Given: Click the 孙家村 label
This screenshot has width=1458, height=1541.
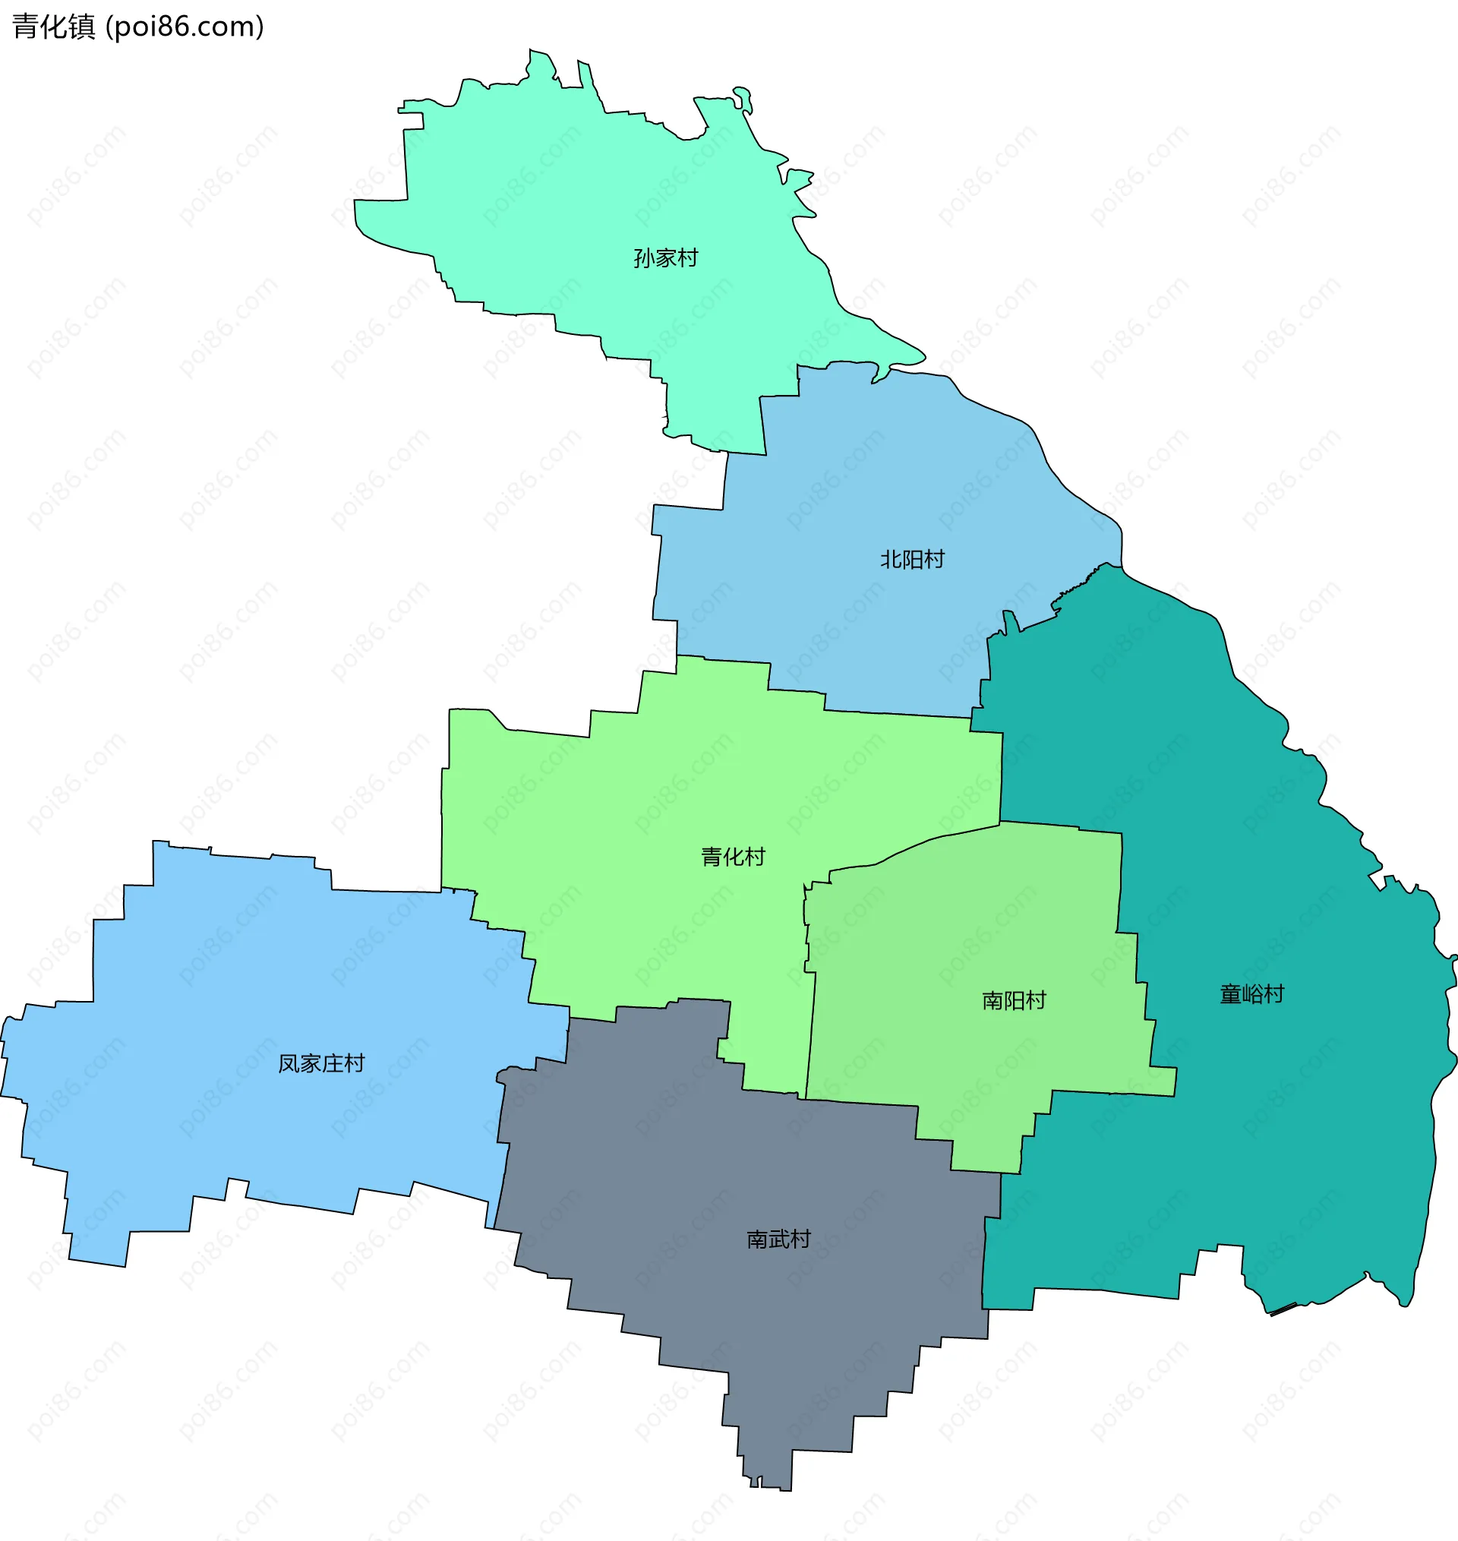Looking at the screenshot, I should [x=665, y=258].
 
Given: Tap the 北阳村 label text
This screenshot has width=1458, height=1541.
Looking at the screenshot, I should [x=913, y=560].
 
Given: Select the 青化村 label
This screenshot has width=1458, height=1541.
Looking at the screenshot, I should [x=733, y=857].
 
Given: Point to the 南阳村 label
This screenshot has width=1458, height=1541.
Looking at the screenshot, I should [x=1015, y=1000].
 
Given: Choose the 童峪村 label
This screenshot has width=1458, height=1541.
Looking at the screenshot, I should [x=1252, y=994].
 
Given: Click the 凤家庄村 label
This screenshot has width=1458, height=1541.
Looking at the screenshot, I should [x=322, y=1063].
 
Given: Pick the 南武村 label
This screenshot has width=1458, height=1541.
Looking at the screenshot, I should [x=779, y=1239].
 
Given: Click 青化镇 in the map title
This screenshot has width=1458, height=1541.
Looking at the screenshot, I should [x=54, y=27].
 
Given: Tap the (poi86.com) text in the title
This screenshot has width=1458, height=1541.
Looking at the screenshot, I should [x=185, y=27].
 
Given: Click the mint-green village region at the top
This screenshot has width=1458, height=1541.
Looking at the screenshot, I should [x=591, y=194].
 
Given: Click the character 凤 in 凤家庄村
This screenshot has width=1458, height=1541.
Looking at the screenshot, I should [x=289, y=1063].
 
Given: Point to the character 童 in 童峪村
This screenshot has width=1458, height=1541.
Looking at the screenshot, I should [x=1230, y=994].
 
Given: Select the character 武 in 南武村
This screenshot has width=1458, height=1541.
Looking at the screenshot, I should [x=779, y=1239].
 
